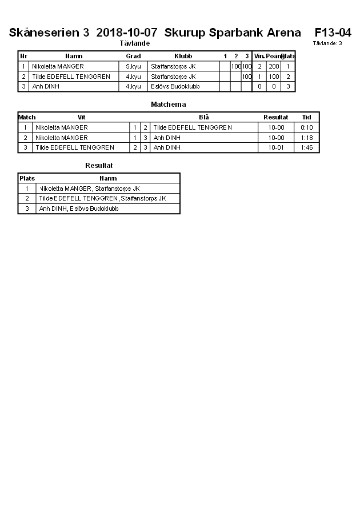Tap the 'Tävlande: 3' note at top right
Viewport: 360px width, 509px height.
point(327,43)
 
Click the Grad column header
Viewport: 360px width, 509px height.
point(133,56)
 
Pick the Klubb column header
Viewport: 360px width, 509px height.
point(183,56)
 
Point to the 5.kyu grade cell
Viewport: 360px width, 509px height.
point(133,66)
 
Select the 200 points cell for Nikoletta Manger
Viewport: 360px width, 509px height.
point(274,66)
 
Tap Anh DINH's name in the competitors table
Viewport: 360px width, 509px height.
point(46,86)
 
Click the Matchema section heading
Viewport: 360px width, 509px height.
point(168,105)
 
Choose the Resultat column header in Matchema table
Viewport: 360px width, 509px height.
point(275,117)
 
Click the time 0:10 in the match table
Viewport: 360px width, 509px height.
point(307,127)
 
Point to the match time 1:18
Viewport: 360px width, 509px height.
point(307,138)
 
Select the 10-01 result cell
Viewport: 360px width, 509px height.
point(276,147)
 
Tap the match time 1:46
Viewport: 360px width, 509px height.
point(307,147)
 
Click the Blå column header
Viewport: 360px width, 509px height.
point(204,117)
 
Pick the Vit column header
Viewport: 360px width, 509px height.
point(81,117)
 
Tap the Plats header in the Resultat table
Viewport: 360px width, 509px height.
point(27,178)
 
